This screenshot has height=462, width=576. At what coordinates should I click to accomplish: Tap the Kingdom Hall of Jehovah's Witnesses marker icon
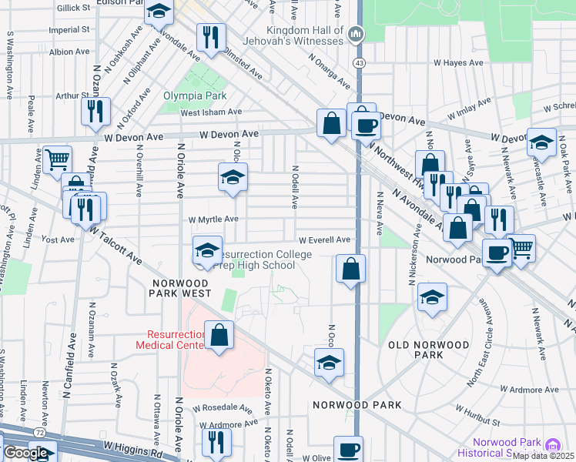[x=355, y=33]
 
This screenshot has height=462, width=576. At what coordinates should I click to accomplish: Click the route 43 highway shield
[x=359, y=61]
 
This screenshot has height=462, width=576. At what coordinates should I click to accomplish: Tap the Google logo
[x=25, y=453]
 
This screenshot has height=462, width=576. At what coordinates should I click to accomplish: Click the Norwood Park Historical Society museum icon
[x=551, y=446]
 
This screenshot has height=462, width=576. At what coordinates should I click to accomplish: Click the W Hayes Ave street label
[x=457, y=63]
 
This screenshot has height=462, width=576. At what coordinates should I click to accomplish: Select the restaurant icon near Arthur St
[x=96, y=111]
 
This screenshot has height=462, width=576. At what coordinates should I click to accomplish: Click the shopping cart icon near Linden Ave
[x=57, y=159]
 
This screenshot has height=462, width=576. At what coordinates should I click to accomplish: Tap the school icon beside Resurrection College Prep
[x=206, y=250]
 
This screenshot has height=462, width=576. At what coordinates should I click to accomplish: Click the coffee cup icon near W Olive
[x=348, y=449]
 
